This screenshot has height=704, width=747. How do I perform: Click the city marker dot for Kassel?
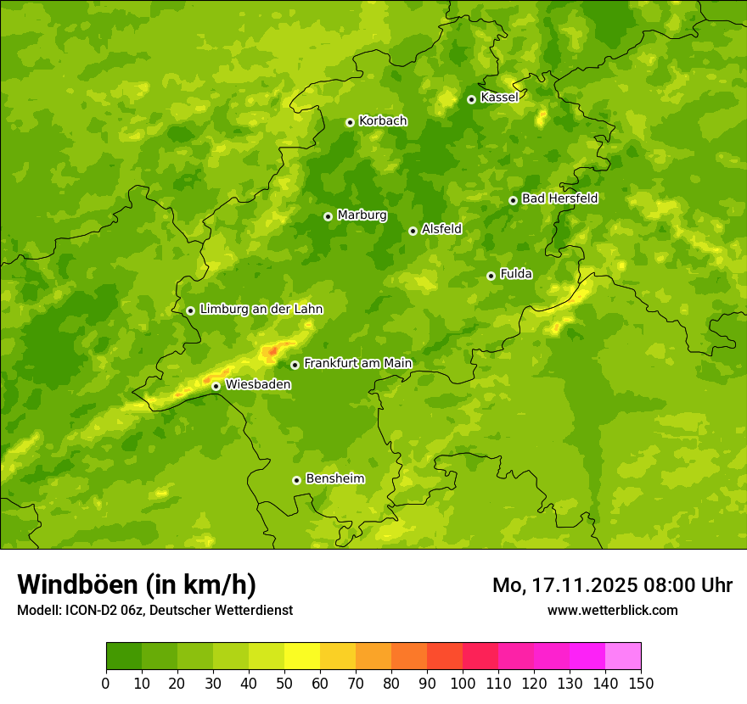(471, 99)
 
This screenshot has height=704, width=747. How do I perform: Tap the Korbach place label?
(383, 121)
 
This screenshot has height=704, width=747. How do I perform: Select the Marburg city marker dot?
(328, 216)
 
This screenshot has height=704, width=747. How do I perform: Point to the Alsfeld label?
(441, 229)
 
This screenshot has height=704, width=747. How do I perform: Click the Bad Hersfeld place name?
(559, 198)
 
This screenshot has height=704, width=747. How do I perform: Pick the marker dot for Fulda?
(491, 276)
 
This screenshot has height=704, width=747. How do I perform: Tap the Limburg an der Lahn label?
(261, 310)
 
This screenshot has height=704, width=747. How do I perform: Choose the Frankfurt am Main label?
(357, 363)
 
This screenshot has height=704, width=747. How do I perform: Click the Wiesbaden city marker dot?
(216, 386)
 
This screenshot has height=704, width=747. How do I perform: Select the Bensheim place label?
(334, 478)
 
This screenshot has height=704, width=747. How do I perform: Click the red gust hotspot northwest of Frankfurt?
(272, 350)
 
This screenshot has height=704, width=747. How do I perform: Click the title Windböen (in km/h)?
(137, 584)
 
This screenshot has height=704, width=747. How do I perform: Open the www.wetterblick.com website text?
(612, 610)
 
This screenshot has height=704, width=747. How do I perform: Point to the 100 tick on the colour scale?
(463, 683)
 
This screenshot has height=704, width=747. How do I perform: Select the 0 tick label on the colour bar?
(106, 683)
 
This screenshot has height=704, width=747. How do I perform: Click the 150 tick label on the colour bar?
(641, 683)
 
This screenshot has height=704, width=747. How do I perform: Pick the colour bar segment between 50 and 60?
(302, 656)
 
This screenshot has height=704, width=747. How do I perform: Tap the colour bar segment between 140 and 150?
(623, 656)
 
